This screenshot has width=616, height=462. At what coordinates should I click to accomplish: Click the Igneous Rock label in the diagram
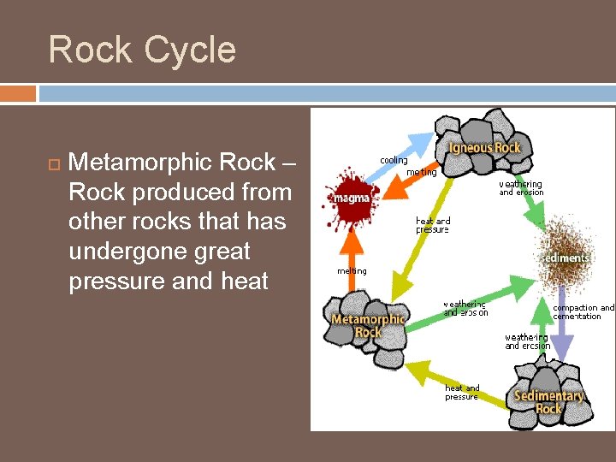(x=484, y=148)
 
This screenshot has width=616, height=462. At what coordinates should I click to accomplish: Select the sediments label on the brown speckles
(x=566, y=258)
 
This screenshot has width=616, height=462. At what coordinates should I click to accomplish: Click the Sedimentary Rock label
(x=548, y=402)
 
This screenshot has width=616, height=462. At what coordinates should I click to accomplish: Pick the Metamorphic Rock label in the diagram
(x=368, y=326)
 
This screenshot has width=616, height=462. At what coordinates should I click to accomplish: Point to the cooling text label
(x=394, y=161)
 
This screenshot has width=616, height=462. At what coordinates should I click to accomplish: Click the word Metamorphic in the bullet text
(x=171, y=162)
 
